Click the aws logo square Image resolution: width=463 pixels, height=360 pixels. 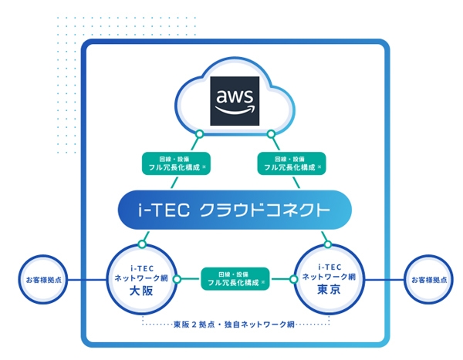235,103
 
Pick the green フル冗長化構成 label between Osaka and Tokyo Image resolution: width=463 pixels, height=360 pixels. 235,278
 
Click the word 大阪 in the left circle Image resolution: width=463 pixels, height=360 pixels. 143,291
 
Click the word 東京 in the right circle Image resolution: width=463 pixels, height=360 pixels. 328,291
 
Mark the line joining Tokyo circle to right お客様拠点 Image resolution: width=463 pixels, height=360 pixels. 383,278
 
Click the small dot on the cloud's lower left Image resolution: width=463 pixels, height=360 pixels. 199,135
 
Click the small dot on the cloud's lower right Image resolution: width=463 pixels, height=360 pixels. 272,135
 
